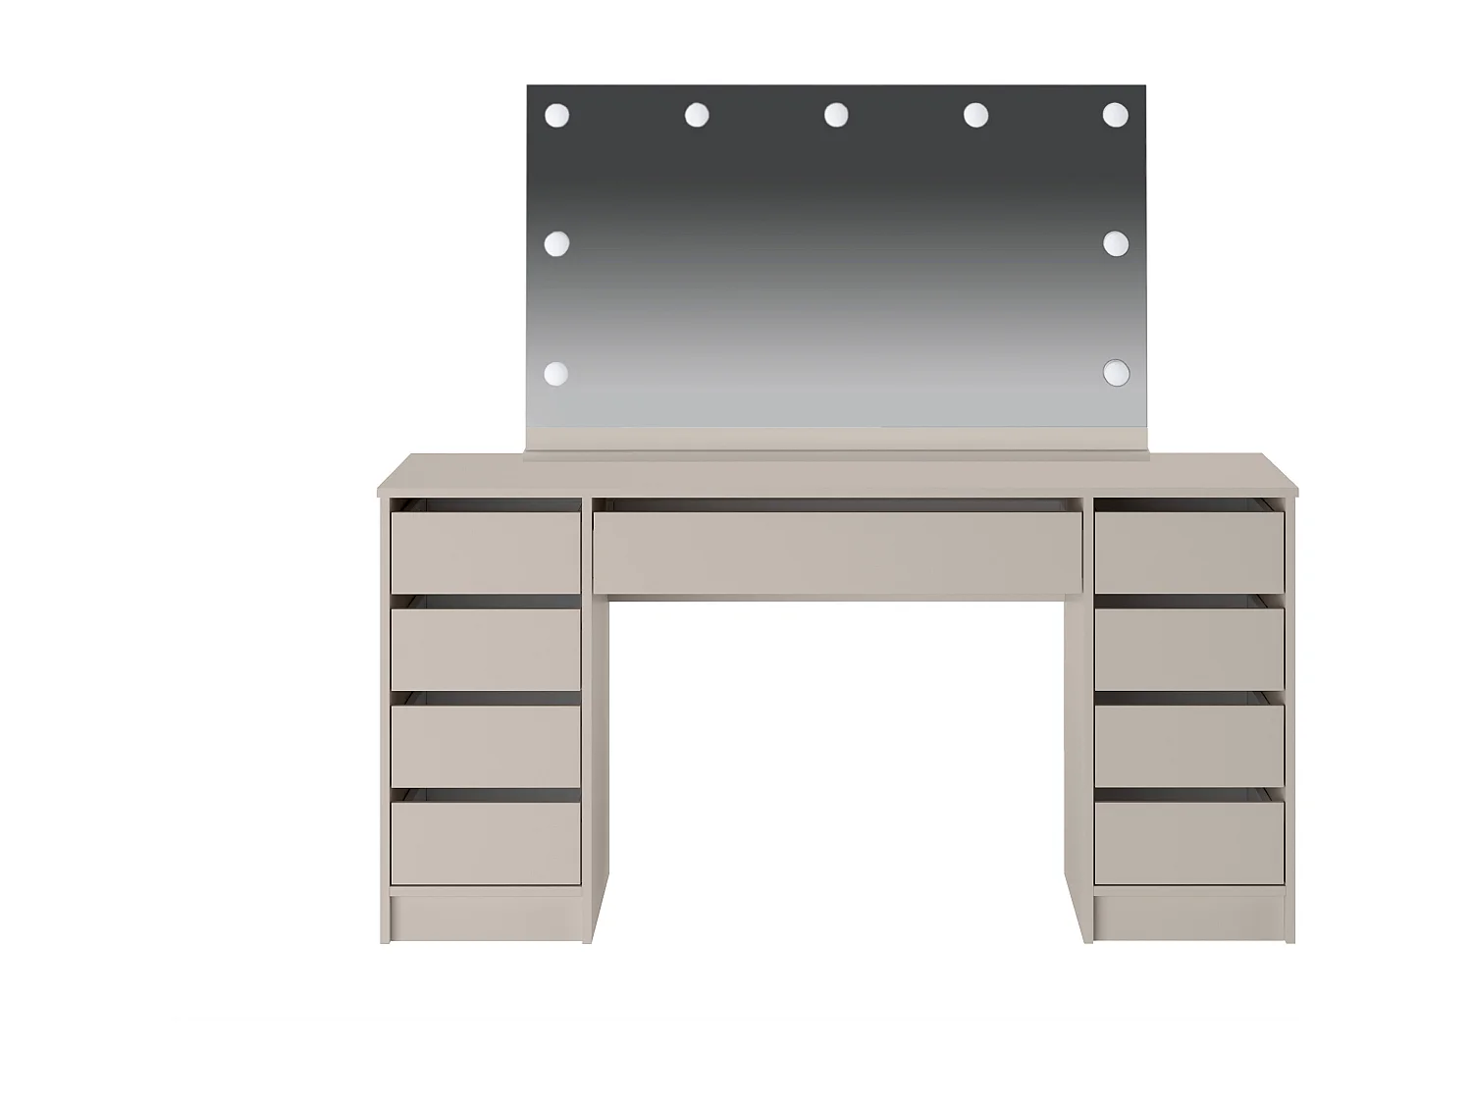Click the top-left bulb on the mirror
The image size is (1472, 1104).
[557, 116]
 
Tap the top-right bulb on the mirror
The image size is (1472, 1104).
[1115, 116]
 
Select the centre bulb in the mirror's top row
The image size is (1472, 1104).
[836, 116]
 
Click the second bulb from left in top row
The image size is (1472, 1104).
[697, 116]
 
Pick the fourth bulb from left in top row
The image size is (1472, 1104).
[975, 116]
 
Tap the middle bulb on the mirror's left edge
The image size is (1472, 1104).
[557, 243]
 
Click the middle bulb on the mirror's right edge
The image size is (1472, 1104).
[1115, 243]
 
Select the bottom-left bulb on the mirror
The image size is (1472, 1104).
[556, 373]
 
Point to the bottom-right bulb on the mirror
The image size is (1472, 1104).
[1116, 373]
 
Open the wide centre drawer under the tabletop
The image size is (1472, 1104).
[837, 552]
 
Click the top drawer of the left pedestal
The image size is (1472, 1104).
[487, 552]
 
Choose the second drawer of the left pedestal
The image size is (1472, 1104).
[487, 649]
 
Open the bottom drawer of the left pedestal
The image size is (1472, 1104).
[487, 843]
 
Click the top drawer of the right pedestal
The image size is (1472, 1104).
[1189, 552]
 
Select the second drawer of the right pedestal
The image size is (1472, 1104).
[1189, 649]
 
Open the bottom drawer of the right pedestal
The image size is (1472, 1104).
[1189, 843]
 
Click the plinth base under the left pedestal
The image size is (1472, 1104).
[487, 916]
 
